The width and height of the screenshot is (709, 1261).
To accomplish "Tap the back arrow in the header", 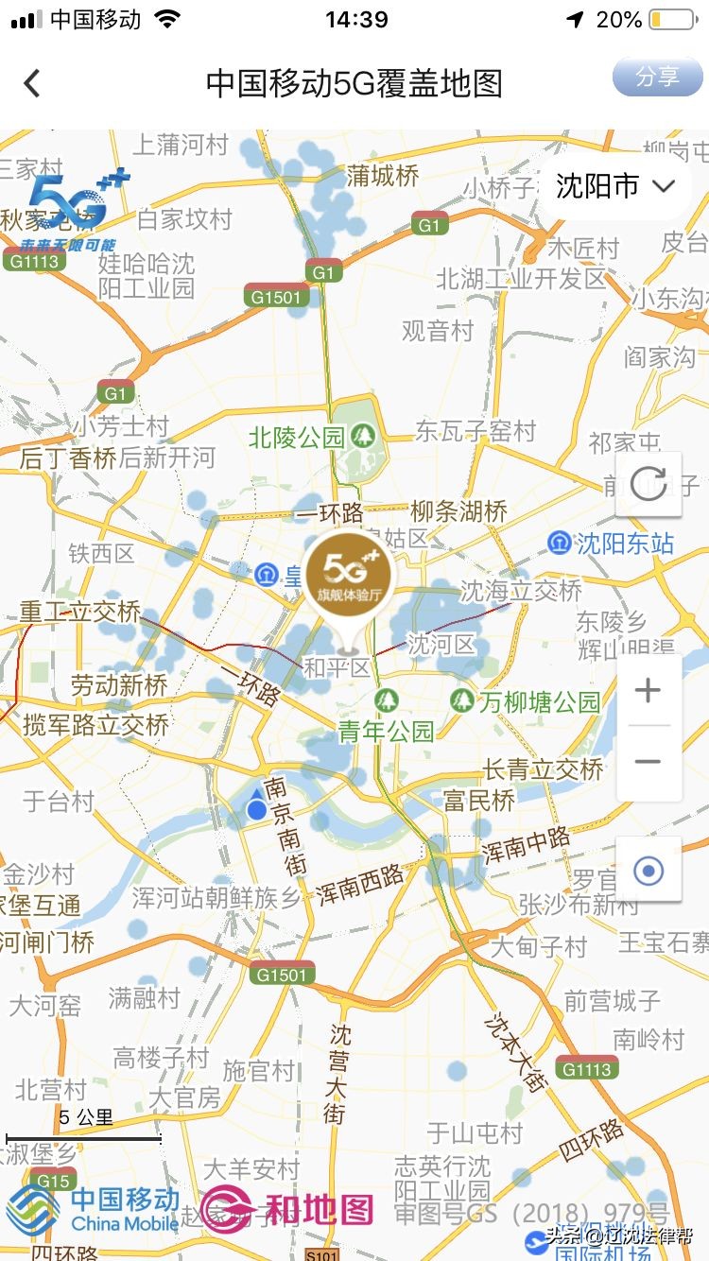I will point(32,83).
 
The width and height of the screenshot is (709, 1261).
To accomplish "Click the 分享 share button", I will point(657,77).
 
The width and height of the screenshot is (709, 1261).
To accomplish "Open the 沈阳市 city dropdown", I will point(615,186).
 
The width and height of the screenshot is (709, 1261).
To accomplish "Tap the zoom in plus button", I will point(648,691).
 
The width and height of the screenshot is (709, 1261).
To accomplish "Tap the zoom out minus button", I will point(648,762).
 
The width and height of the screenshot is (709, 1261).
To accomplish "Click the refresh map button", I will point(648,484).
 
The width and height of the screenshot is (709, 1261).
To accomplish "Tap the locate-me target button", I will point(648,870).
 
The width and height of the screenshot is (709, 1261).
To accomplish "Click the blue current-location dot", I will point(256,809).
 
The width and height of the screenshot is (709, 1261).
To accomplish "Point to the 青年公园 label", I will point(386,731).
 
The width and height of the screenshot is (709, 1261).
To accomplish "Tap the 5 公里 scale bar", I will point(84,1137).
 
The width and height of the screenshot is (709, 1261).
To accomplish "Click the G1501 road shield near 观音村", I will point(277,297).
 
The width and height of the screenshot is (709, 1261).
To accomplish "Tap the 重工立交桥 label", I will point(80,612).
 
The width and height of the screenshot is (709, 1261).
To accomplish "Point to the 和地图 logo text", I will point(318,1209).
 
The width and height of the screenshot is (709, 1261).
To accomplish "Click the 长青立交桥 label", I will point(543,769).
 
